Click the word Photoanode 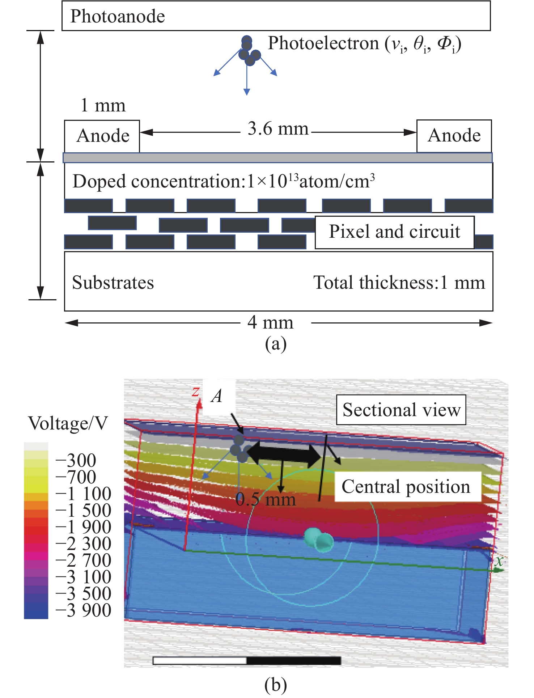(x=118, y=16)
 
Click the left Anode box (x=102, y=136)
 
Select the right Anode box (x=454, y=136)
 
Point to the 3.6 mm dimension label (x=278, y=128)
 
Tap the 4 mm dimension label (x=270, y=322)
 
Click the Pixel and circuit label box (x=394, y=232)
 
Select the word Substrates (x=113, y=282)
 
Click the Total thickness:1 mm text (x=399, y=282)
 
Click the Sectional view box (x=401, y=410)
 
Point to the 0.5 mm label (x=266, y=500)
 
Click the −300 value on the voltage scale (x=76, y=461)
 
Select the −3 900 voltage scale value (x=84, y=610)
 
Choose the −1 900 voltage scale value (x=84, y=527)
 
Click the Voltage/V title (x=68, y=423)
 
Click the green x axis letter (x=499, y=560)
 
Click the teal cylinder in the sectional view (x=318, y=540)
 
